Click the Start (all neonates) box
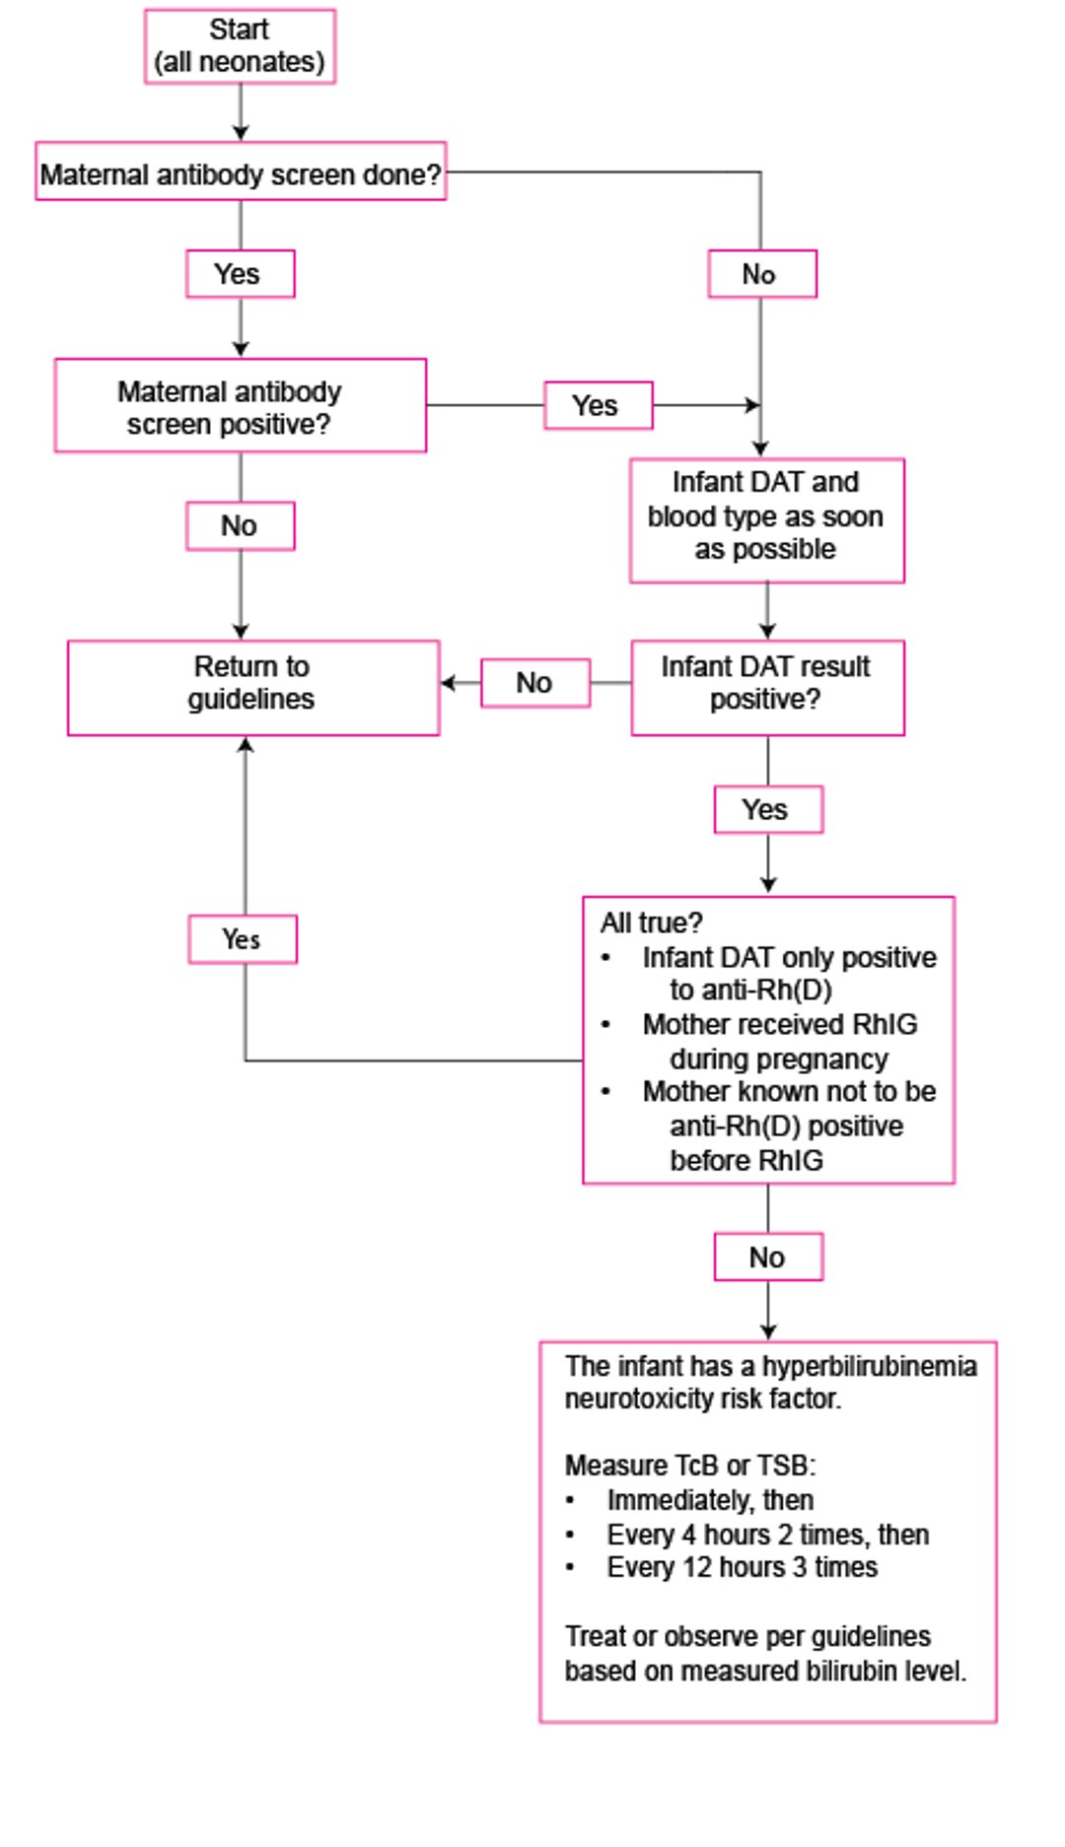click(240, 46)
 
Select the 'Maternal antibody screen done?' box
click(241, 171)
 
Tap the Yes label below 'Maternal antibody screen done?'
click(241, 274)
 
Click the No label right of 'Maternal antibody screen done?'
click(762, 274)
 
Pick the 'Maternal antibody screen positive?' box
click(241, 406)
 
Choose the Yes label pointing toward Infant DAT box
click(599, 405)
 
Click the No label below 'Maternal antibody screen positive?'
click(241, 526)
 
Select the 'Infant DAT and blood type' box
click(767, 520)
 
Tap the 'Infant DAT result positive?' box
click(768, 688)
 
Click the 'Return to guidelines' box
click(253, 688)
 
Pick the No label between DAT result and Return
click(535, 683)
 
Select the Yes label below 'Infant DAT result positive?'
click(768, 810)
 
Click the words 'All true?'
click(651, 923)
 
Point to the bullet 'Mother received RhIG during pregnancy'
click(769, 1042)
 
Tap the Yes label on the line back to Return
click(243, 939)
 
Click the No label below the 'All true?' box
click(768, 1258)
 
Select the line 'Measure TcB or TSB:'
click(690, 1466)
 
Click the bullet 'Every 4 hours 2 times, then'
click(748, 1535)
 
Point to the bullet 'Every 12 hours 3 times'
click(722, 1567)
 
